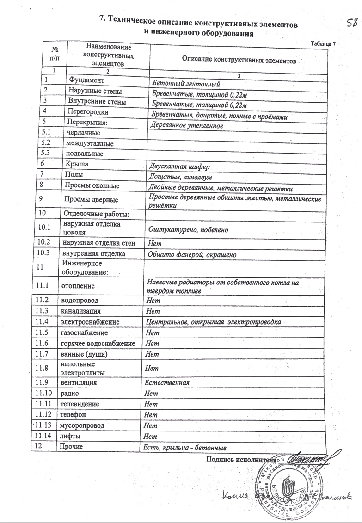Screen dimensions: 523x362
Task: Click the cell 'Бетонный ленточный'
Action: coord(183,84)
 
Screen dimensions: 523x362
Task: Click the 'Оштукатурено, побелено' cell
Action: coord(187,229)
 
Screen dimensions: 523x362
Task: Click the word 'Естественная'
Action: coord(166,383)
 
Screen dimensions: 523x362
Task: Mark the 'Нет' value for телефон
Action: coord(151,414)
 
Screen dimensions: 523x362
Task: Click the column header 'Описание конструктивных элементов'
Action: coord(239,60)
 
